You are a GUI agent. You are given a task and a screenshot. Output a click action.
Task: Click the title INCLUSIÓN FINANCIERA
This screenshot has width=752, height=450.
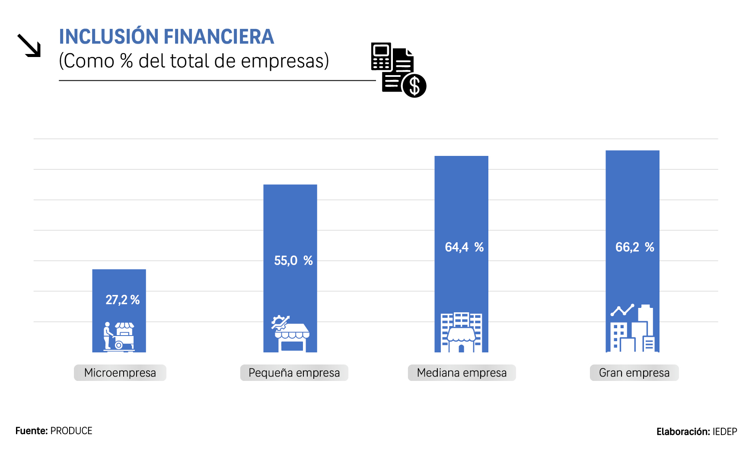[x=166, y=37]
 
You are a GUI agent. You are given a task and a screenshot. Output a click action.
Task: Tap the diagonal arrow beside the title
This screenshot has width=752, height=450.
[x=29, y=46]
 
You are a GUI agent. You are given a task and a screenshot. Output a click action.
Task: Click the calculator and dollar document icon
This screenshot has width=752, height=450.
[x=398, y=70]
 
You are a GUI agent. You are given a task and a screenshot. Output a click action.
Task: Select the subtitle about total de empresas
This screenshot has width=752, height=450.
[x=194, y=61]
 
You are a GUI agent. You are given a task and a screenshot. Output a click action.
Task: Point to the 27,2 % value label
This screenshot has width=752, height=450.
[x=122, y=300]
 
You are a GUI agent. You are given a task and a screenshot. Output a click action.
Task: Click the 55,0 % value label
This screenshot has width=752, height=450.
[x=293, y=260]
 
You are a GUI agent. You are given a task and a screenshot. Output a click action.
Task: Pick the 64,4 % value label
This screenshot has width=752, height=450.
[x=464, y=247]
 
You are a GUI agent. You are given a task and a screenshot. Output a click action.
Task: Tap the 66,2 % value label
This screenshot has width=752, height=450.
[x=634, y=247]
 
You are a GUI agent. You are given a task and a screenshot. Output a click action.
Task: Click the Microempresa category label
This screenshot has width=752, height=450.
[x=120, y=373]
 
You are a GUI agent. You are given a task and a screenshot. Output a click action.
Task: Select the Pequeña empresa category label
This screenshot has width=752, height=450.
[x=294, y=373]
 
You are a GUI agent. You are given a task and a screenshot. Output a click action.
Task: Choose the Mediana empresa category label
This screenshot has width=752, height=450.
[x=462, y=373]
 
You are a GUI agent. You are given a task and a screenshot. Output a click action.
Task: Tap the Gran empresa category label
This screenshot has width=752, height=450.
[x=634, y=373]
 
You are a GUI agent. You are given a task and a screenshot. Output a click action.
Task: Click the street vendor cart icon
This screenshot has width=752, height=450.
[x=119, y=336]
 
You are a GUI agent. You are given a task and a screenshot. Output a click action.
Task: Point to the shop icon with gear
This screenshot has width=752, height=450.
[x=290, y=333]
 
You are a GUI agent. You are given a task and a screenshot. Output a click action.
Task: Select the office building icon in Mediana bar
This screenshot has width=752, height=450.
[x=461, y=332]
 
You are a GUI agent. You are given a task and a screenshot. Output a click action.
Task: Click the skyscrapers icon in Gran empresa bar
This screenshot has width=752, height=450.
[x=632, y=328]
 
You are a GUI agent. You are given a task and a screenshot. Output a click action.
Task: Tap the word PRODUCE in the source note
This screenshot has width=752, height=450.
[x=71, y=431]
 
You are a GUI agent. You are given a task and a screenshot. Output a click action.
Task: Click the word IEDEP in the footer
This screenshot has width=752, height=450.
[x=725, y=431]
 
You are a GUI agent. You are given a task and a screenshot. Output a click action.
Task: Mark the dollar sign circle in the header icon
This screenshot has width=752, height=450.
[x=414, y=86]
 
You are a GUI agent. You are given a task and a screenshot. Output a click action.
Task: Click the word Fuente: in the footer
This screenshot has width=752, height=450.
[x=32, y=431]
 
